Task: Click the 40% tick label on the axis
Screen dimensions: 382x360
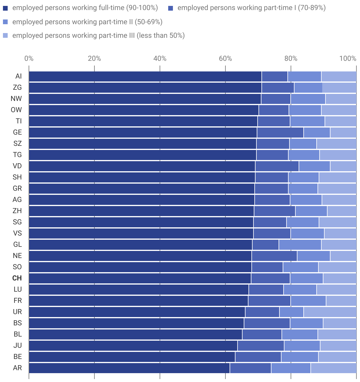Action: pyautogui.click(x=160, y=58)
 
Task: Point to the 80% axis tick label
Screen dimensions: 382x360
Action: pyautogui.click(x=291, y=58)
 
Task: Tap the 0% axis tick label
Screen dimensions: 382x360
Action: pyautogui.click(x=29, y=58)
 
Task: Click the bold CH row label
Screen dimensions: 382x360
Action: pyautogui.click(x=17, y=278)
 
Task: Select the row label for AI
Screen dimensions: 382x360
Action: pyautogui.click(x=19, y=76)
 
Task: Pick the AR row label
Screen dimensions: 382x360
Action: pyautogui.click(x=17, y=368)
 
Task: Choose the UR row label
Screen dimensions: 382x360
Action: pyautogui.click(x=17, y=312)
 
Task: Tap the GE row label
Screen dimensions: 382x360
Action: pyautogui.click(x=17, y=132)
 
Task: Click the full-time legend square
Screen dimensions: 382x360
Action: pyautogui.click(x=5, y=8)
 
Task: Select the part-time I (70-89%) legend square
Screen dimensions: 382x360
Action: pyautogui.click(x=171, y=8)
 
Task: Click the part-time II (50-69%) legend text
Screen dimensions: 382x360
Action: pyautogui.click(x=87, y=22)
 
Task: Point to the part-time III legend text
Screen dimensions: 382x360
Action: pyautogui.click(x=98, y=36)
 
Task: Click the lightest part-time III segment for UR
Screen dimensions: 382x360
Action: pyautogui.click(x=330, y=312)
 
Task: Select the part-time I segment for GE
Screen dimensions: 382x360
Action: pyautogui.click(x=280, y=132)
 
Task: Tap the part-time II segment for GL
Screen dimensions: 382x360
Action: pyautogui.click(x=300, y=244)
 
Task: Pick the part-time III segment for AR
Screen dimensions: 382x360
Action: pyautogui.click(x=333, y=368)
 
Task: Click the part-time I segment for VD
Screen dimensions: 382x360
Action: pyautogui.click(x=277, y=166)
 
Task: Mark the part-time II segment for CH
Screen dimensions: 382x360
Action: pyautogui.click(x=306, y=278)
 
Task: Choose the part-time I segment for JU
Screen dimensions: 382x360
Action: pyautogui.click(x=261, y=345)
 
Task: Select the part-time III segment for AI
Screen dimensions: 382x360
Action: pyautogui.click(x=339, y=76)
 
